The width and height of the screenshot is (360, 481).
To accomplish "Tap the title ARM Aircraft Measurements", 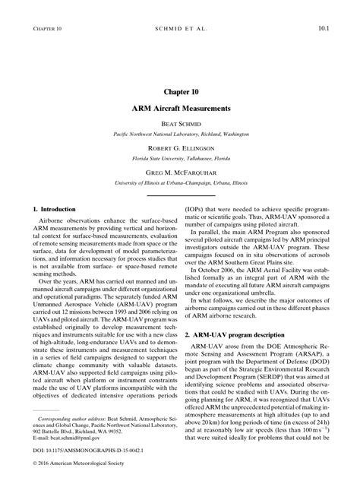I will [x=180, y=109].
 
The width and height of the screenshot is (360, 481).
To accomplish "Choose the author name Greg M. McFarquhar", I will [x=180, y=172].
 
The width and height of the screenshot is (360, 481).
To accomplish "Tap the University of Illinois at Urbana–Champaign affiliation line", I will [x=180, y=183].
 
